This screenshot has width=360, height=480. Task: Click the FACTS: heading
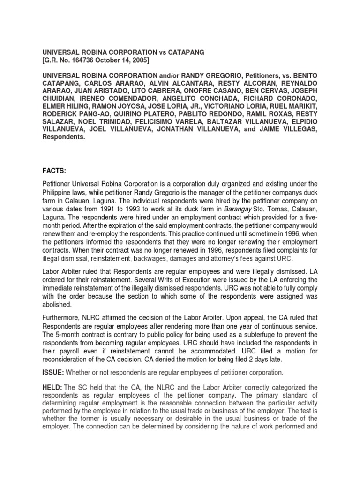pyautogui.click(x=55, y=172)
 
